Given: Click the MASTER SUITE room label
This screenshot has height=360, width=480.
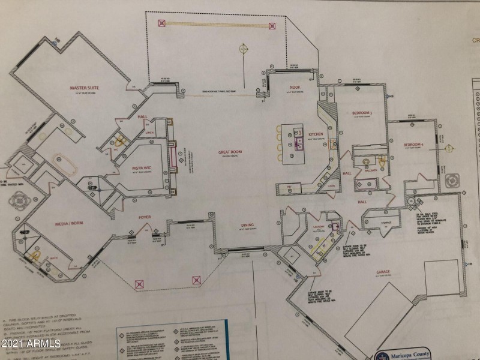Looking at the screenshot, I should pyautogui.click(x=84, y=88).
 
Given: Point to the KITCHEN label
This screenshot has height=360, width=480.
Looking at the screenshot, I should pyautogui.click(x=316, y=134).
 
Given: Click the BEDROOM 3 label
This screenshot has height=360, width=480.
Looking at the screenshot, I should pyautogui.click(x=362, y=113).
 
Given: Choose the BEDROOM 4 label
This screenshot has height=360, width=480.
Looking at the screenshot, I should pyautogui.click(x=414, y=145).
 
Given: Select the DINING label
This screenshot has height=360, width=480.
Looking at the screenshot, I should pyautogui.click(x=247, y=225).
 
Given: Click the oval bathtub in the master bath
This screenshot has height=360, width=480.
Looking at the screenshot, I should pyautogui.click(x=63, y=161).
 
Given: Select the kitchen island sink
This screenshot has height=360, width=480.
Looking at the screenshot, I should pyautogui.click(x=298, y=142).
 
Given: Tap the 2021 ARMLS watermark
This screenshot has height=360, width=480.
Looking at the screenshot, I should pyautogui.click(x=31, y=344).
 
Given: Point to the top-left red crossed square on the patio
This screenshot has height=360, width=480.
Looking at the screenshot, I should pyautogui.click(x=161, y=24).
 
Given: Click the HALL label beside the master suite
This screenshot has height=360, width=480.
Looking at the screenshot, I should pyautogui.click(x=142, y=117).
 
